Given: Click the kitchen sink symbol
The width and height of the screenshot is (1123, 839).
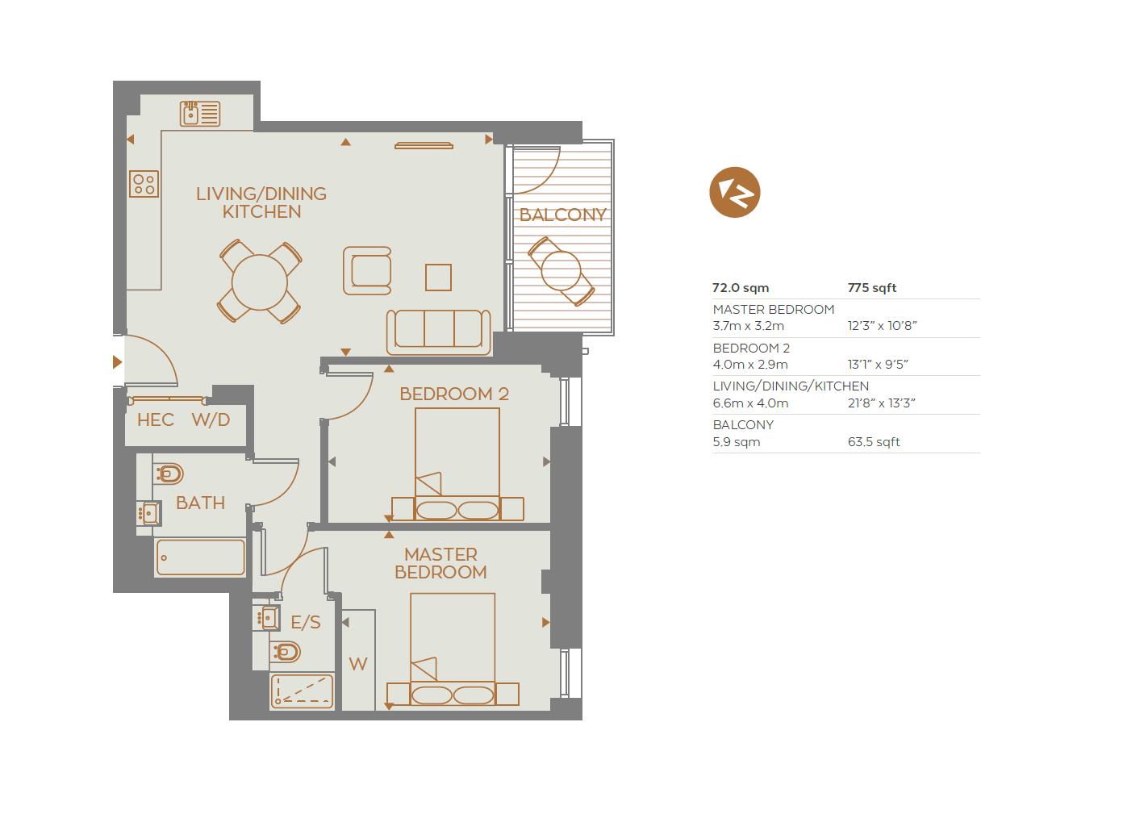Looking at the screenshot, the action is [x=199, y=114].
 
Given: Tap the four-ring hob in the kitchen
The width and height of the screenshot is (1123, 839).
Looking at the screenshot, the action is [x=144, y=184].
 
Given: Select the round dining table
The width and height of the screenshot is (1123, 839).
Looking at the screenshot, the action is [x=260, y=282].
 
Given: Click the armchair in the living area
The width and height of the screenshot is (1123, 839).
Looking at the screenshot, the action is [x=367, y=270].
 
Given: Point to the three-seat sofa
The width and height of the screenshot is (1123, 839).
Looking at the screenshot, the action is [x=438, y=332].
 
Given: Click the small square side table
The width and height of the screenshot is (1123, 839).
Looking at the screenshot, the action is [x=438, y=278].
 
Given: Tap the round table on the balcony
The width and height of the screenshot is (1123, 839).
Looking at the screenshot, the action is [x=561, y=271].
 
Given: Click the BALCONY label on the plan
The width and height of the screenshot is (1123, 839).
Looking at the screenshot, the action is [x=563, y=215].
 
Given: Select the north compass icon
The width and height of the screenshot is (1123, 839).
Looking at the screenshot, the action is [x=735, y=192].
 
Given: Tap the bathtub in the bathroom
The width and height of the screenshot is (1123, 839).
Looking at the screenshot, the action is [x=201, y=557].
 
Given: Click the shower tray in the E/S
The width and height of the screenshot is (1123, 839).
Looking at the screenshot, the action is [x=302, y=691].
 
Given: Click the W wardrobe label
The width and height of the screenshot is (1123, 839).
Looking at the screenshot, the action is [x=358, y=664].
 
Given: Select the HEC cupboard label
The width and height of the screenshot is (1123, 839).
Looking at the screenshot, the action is [x=156, y=420].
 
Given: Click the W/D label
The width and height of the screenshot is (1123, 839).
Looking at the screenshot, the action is [x=211, y=420].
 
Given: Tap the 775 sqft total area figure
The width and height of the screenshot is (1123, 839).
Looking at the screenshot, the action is [x=872, y=288].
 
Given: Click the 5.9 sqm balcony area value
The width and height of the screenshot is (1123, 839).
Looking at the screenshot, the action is [x=737, y=442].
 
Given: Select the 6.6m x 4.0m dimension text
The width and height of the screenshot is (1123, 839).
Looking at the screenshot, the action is [x=750, y=403].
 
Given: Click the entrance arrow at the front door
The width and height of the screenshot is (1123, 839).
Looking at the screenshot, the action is [x=117, y=362].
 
